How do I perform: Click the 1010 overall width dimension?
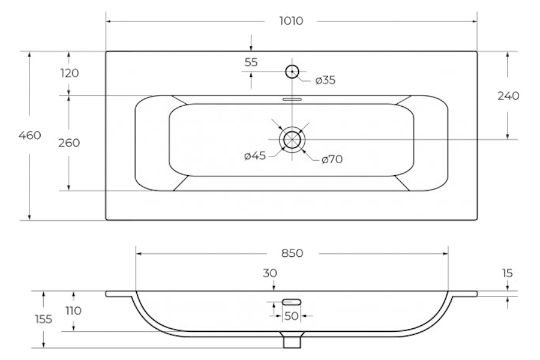tap(291, 21)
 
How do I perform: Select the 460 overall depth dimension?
tap(30, 135)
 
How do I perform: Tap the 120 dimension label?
tap(70, 73)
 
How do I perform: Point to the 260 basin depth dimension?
tap(69, 143)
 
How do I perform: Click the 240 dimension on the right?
tap(508, 95)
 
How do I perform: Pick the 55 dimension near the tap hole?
tap(251, 62)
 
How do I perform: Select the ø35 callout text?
tap(325, 80)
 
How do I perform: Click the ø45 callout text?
tap(255, 156)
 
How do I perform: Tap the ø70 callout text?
tap(332, 159)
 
